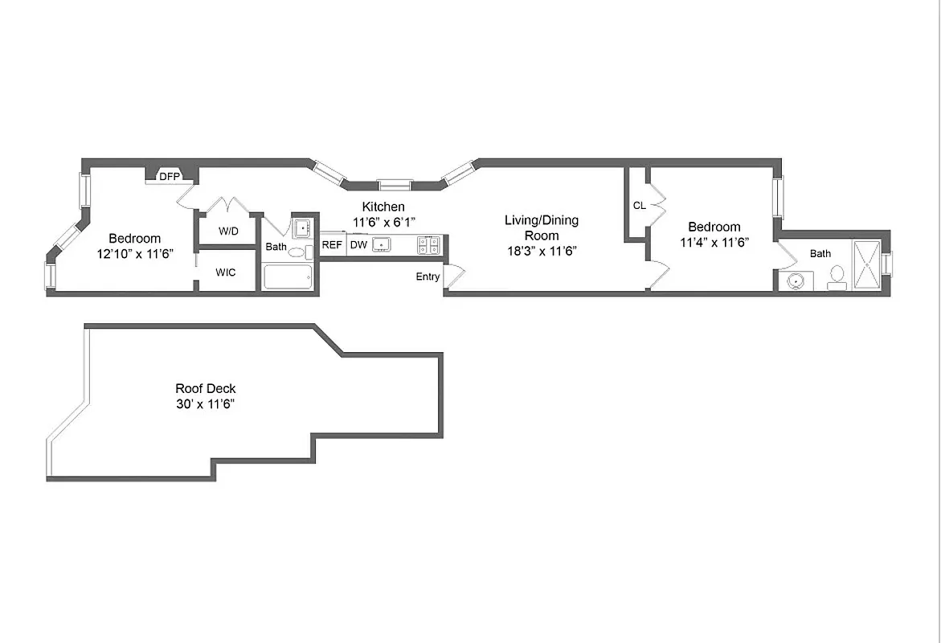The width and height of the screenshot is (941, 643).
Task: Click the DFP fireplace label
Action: coord(169,176)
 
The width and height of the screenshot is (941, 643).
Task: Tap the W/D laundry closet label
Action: coord(228,231)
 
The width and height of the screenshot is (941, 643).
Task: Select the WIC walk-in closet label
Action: coord(226,272)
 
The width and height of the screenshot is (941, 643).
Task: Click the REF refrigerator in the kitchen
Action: coord(331,245)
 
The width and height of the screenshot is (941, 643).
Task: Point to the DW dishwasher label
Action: coord(358,245)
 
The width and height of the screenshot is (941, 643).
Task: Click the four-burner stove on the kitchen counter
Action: coord(428,245)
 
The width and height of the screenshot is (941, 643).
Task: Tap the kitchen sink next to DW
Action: coord(383,245)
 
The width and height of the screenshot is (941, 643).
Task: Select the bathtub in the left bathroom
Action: coord(287,277)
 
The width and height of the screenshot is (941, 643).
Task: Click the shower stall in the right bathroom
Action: coord(866,264)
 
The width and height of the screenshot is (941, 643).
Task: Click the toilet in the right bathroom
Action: coord(837,276)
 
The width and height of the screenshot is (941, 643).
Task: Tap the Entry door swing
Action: coord(455,276)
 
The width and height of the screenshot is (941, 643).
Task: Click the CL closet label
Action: coord(639,206)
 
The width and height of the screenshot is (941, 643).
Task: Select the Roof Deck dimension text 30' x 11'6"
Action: coord(206,403)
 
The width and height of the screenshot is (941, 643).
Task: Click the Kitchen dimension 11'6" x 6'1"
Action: coord(383,222)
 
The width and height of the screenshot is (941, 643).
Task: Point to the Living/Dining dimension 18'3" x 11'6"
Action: coord(541,251)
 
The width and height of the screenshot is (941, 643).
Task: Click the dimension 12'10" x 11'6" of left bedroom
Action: coord(134,253)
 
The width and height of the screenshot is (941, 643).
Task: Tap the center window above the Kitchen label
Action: coord(395,184)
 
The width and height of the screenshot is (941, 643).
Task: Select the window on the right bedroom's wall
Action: coord(777,198)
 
